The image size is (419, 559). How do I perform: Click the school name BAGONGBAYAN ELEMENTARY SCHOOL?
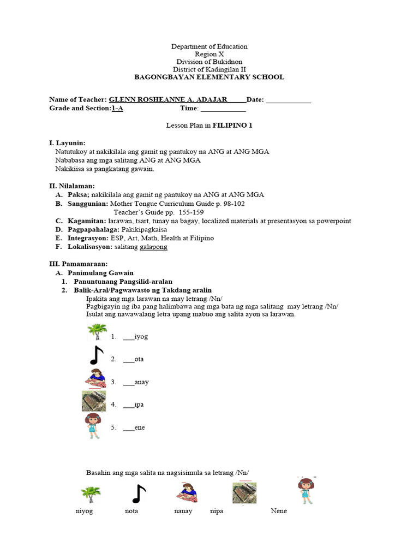[209, 78]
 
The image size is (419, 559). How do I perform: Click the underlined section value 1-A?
[117, 109]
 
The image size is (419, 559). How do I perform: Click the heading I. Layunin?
[67, 142]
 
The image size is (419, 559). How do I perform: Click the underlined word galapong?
[154, 247]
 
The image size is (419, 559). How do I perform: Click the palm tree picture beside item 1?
[97, 332]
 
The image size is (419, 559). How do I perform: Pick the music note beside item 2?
[96, 355]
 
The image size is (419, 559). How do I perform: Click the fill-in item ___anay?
[136, 382]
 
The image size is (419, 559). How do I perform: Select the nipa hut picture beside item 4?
[93, 401]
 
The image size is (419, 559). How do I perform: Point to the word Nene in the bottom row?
[279, 512]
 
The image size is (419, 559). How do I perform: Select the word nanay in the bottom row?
[183, 512]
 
